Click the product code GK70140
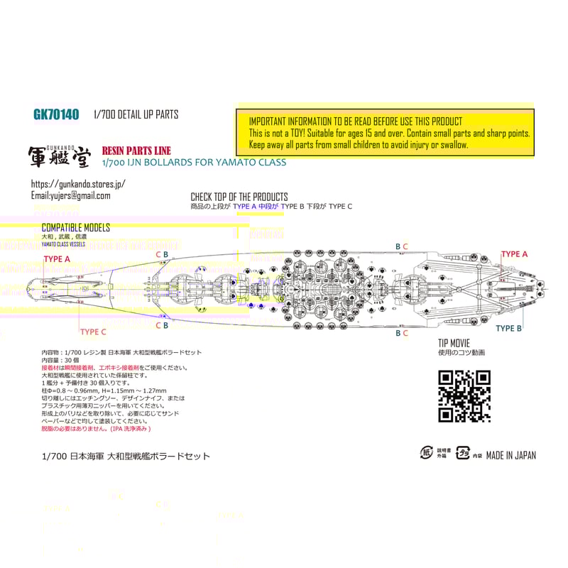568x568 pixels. point(56,114)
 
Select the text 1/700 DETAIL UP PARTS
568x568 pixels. point(136,114)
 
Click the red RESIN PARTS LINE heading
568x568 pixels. point(136,151)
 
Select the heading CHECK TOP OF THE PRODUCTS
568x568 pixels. point(239,197)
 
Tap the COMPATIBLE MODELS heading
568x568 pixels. point(76,227)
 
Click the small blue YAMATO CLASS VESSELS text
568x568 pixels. point(63,244)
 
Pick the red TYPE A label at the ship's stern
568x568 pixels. point(57,259)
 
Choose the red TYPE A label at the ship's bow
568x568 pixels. point(515,254)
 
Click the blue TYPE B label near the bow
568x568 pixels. point(509,328)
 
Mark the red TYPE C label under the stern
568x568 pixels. point(93,332)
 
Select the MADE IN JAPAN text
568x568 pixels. point(510,455)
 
